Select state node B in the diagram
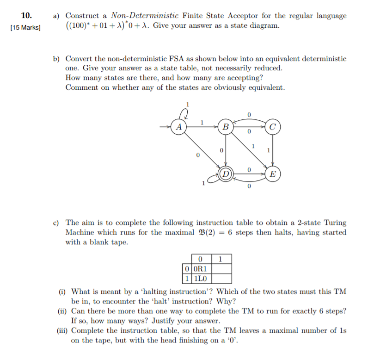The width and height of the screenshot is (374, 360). pos(226,126)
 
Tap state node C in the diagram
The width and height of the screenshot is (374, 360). pos(273,126)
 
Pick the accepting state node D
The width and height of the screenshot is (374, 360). pos(226,174)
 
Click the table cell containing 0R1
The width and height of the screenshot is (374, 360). pos(202,268)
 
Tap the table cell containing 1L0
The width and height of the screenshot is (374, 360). pos(202,278)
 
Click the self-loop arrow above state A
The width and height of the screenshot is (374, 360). pos(185,112)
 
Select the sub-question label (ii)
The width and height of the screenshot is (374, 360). pos(62,311)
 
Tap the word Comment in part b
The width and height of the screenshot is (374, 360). pos(81,87)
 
